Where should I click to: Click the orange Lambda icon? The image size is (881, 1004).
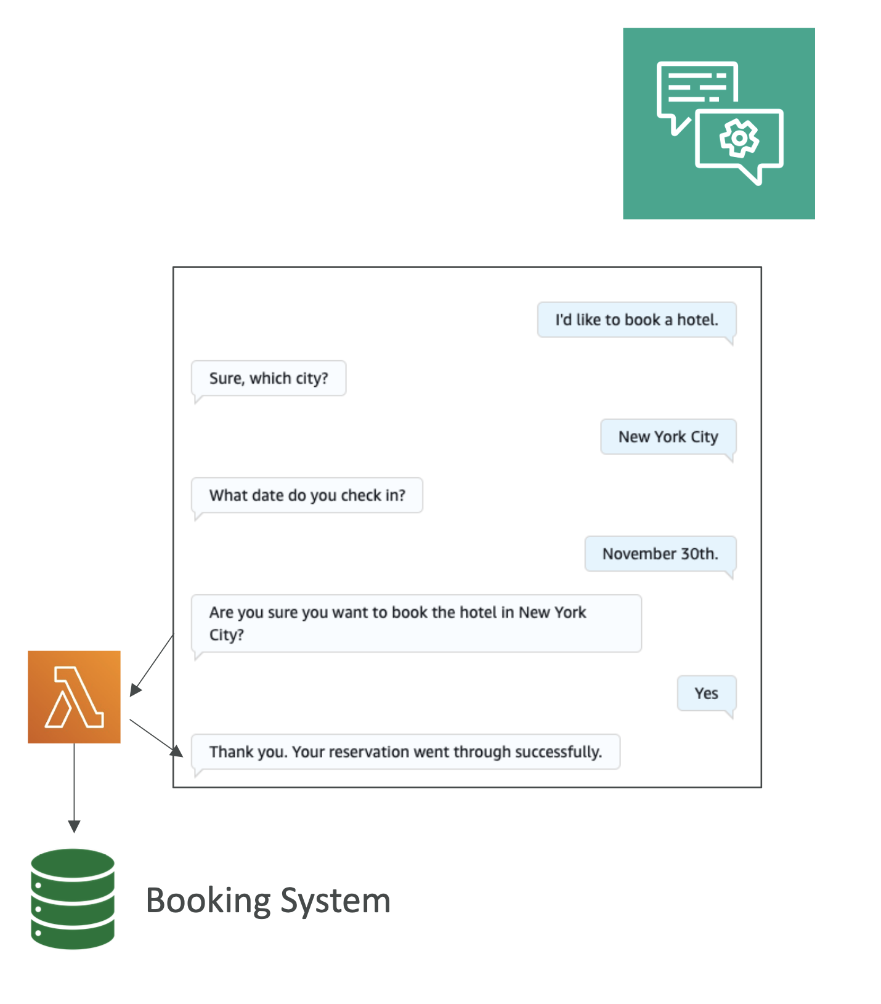[x=74, y=697]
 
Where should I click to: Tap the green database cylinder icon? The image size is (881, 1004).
[x=73, y=899]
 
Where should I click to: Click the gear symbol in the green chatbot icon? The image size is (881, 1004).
[x=739, y=138]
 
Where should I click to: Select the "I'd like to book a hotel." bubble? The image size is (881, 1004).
[x=636, y=320]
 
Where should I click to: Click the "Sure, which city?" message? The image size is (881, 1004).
[x=269, y=378]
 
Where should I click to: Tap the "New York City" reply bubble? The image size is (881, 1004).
[x=668, y=437]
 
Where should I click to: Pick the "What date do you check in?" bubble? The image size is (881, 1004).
[x=307, y=495]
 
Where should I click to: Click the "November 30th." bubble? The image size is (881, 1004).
[x=660, y=554]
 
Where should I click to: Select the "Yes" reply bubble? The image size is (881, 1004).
[x=706, y=694]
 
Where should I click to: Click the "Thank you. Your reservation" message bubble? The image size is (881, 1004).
[x=405, y=751]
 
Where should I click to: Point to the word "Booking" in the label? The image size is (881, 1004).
[x=208, y=901]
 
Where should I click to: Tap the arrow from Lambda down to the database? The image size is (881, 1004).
[x=74, y=788]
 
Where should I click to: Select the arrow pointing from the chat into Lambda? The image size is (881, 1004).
[x=152, y=665]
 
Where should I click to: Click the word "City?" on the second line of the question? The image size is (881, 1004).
[x=227, y=634]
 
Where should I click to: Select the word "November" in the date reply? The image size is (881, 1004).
[x=630, y=554]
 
